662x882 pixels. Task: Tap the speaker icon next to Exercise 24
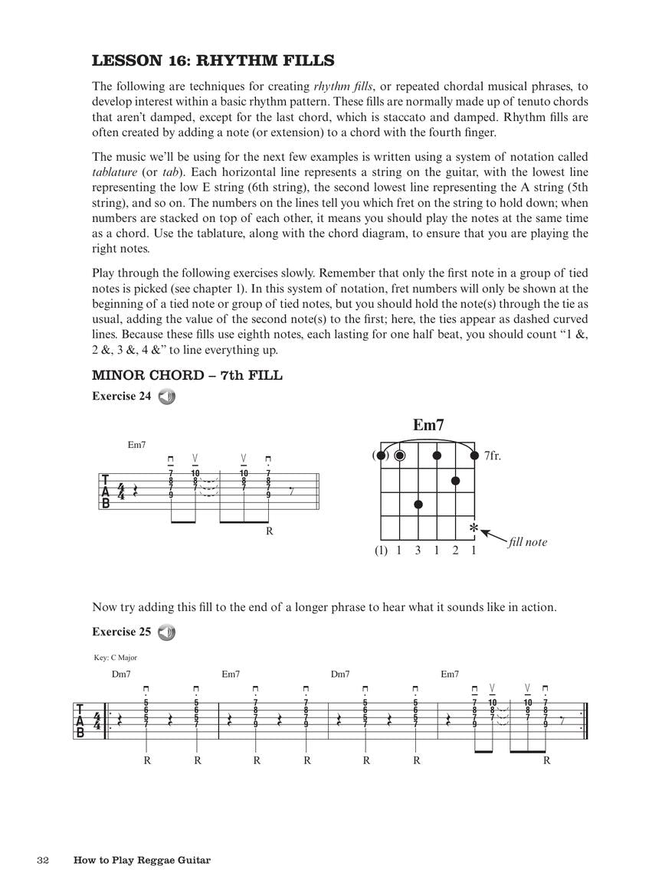(166, 397)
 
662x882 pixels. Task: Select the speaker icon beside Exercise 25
(166, 632)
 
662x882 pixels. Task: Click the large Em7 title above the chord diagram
(428, 426)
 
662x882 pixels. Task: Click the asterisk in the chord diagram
(474, 529)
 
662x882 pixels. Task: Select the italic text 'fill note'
(527, 542)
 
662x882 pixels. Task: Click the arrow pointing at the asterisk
(493, 536)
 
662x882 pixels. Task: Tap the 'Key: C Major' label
(115, 657)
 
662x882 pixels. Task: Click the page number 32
(43, 860)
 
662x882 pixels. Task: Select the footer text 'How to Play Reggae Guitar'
(142, 860)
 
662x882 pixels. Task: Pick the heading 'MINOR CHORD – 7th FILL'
(187, 375)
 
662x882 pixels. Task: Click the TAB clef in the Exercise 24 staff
(105, 492)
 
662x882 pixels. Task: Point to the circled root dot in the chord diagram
(399, 456)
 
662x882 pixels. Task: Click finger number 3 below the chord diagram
(418, 550)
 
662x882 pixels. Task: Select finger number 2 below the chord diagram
(455, 550)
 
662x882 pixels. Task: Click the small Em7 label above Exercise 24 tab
(136, 445)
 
